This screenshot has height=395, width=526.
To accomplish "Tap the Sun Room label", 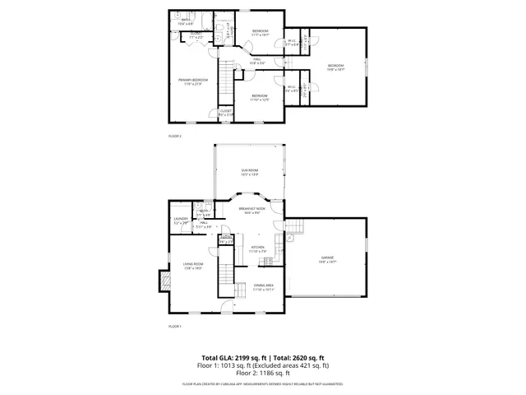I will [x=250, y=172].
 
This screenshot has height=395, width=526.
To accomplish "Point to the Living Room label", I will [x=192, y=266].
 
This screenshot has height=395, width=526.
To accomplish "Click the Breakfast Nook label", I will [x=252, y=211].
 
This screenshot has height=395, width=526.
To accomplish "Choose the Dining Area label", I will [x=263, y=288].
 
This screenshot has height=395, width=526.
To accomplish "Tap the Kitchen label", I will [x=257, y=249].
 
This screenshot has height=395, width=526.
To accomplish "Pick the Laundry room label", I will [x=181, y=221].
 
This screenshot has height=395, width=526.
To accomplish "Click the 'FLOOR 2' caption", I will [x=174, y=135].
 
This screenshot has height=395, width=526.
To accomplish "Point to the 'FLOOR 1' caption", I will [x=174, y=327].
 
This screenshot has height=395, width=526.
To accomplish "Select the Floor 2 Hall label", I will [x=256, y=59].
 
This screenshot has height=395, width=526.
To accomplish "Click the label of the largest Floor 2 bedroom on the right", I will [x=335, y=67].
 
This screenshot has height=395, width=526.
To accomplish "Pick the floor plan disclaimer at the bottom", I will [x=262, y=383].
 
